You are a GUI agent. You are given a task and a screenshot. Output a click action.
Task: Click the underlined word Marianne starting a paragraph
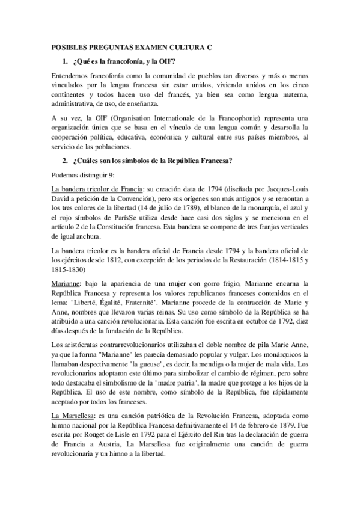pos(67,284)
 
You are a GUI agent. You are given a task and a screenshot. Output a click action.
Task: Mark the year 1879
pos(277,431)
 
